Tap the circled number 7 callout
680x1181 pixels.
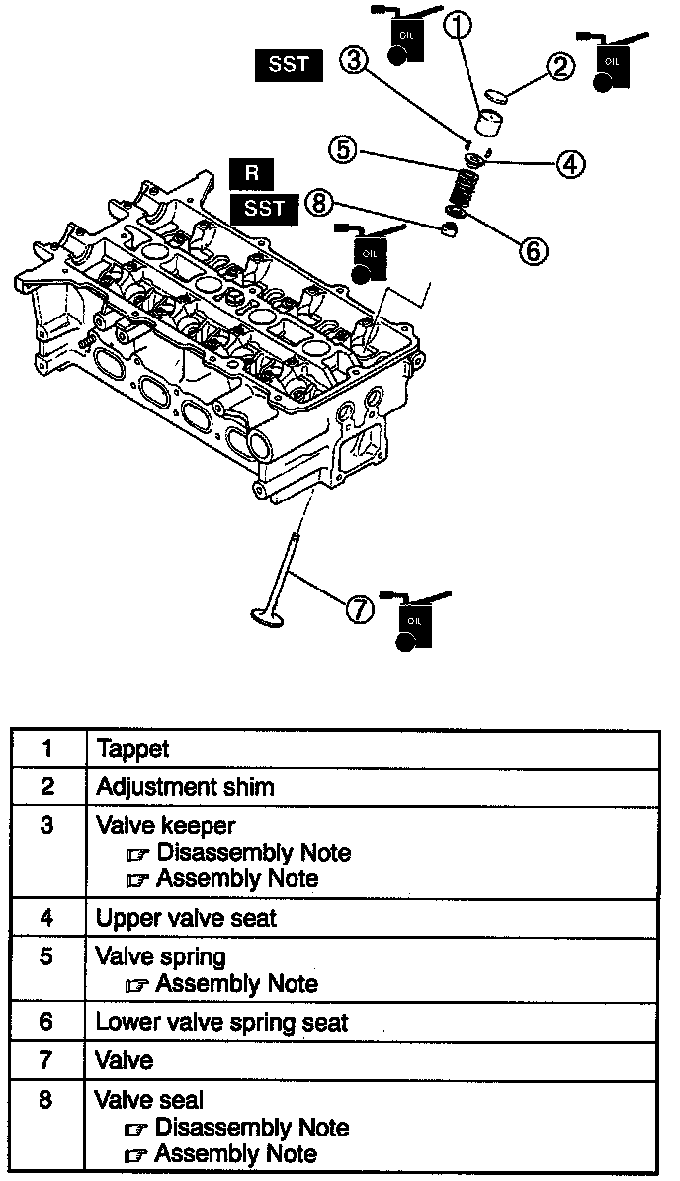click(x=359, y=610)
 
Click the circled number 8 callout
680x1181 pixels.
click(x=317, y=204)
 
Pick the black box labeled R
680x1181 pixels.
click(x=252, y=173)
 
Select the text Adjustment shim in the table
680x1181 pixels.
click(x=185, y=787)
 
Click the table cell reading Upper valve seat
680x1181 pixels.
click(x=186, y=918)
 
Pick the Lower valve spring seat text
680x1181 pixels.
click(x=221, y=1022)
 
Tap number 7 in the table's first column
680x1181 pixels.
click(x=47, y=1060)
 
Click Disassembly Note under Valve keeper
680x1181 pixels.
click(x=252, y=852)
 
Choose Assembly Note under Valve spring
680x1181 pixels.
click(x=236, y=984)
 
